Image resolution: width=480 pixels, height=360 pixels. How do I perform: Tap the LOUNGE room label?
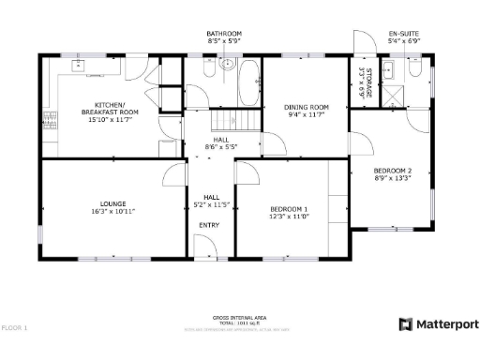[x=113, y=203]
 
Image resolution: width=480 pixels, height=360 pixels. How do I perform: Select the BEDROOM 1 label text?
[x=289, y=208]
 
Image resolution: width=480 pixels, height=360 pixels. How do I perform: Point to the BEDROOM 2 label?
[x=393, y=170]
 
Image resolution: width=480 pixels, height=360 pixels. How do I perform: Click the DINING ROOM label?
[x=307, y=107]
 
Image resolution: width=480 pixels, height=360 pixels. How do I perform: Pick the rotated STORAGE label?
[x=368, y=82]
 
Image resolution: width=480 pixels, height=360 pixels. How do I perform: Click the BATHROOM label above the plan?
[x=224, y=34]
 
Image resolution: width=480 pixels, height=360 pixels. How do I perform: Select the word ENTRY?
[x=210, y=226]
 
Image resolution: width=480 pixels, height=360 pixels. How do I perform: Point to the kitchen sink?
[x=79, y=67]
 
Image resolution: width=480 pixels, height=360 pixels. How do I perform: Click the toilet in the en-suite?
[x=393, y=70]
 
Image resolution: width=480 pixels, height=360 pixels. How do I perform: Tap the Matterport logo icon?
[x=405, y=324]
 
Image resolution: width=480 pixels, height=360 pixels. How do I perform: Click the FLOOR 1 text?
[x=15, y=328]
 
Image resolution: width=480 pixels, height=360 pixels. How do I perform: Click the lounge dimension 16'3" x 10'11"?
[x=113, y=212]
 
